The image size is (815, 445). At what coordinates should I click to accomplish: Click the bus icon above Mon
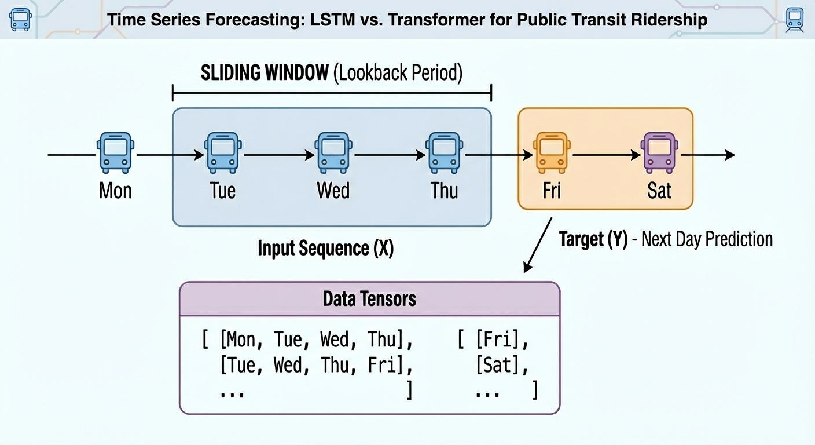point(115,152)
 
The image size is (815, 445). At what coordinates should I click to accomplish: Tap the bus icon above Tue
point(223,152)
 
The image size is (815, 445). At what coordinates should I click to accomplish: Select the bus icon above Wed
point(333,152)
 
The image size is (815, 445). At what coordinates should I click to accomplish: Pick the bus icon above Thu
point(444,152)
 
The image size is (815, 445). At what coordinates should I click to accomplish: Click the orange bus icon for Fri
point(552,152)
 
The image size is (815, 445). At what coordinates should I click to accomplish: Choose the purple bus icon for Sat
point(659,152)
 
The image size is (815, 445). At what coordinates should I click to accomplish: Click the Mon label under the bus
point(115,190)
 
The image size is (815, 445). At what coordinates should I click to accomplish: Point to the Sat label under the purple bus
point(659,190)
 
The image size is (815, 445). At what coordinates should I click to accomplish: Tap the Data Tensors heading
point(369,299)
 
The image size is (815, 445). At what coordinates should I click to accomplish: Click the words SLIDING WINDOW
point(265,73)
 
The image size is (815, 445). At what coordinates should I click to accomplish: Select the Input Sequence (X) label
point(325,249)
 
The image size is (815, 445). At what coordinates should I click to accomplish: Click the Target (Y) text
point(593,239)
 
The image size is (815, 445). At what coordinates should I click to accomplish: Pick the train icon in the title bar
point(794,19)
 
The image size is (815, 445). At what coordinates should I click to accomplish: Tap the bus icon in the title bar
point(21,19)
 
